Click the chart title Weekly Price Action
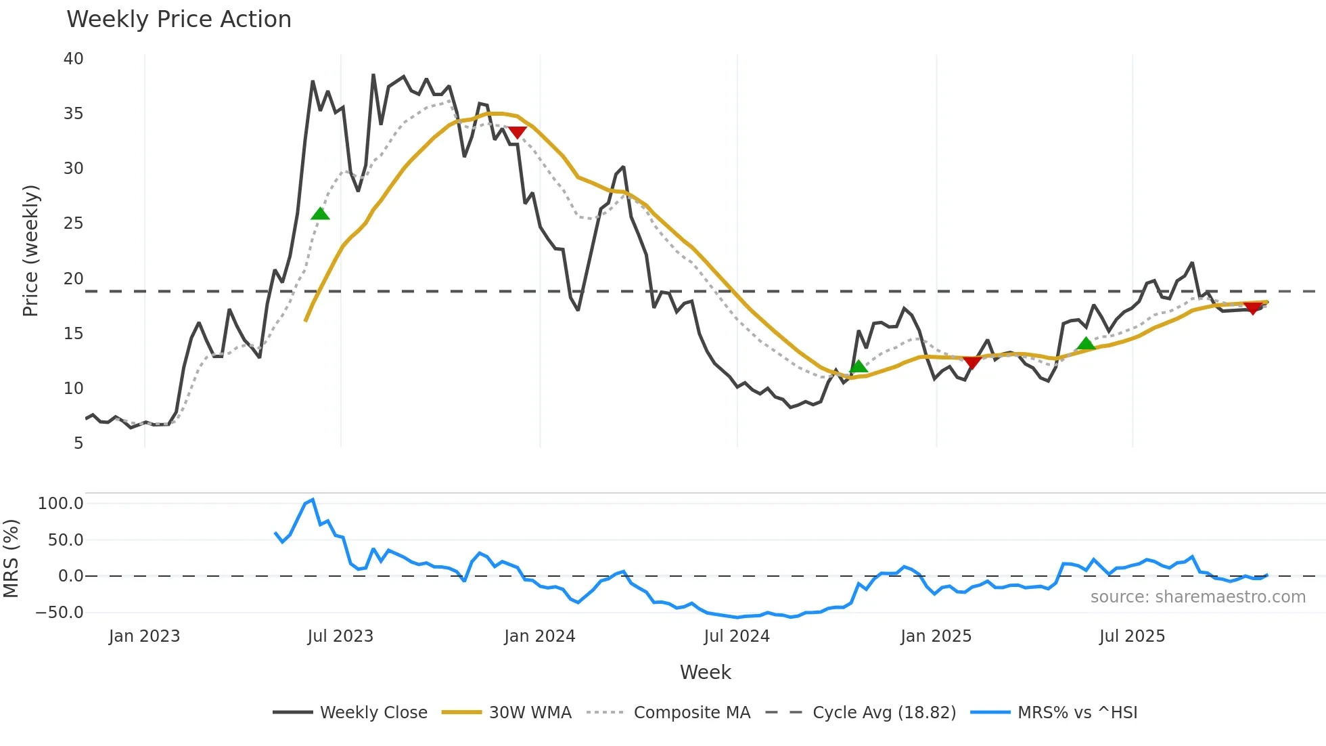pyautogui.click(x=179, y=19)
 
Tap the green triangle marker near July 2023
pyautogui.click(x=320, y=214)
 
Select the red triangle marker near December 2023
pyautogui.click(x=517, y=133)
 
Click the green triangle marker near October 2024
pyautogui.click(x=859, y=367)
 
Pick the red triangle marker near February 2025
pyautogui.click(x=971, y=363)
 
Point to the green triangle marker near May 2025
pyautogui.click(x=1086, y=344)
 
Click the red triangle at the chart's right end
pyautogui.click(x=1252, y=309)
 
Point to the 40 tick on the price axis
pyautogui.click(x=73, y=59)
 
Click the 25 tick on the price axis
pyautogui.click(x=73, y=223)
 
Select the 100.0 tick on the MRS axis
pyautogui.click(x=61, y=504)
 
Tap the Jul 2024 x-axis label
pyautogui.click(x=737, y=636)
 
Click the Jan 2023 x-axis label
pyautogui.click(x=144, y=636)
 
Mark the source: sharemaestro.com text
pyautogui.click(x=1197, y=597)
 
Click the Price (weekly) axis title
pyautogui.click(x=30, y=250)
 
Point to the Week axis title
pyautogui.click(x=705, y=672)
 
